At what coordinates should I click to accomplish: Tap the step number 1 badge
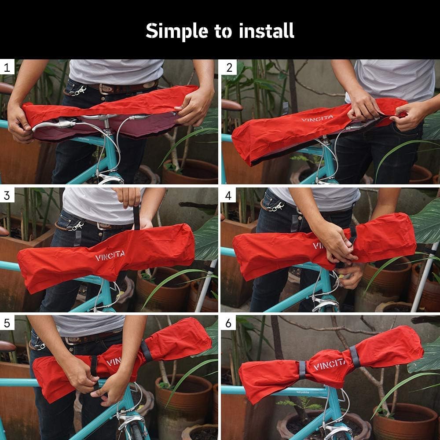(x=7, y=67)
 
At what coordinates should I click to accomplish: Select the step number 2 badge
(x=229, y=67)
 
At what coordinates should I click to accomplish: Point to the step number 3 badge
(x=7, y=195)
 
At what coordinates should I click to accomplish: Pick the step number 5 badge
(x=7, y=323)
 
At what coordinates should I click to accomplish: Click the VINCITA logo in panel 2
(x=317, y=118)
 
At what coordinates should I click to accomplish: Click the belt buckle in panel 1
(x=105, y=88)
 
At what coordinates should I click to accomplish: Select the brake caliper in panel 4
(x=326, y=304)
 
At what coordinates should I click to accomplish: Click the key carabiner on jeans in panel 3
(x=76, y=226)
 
